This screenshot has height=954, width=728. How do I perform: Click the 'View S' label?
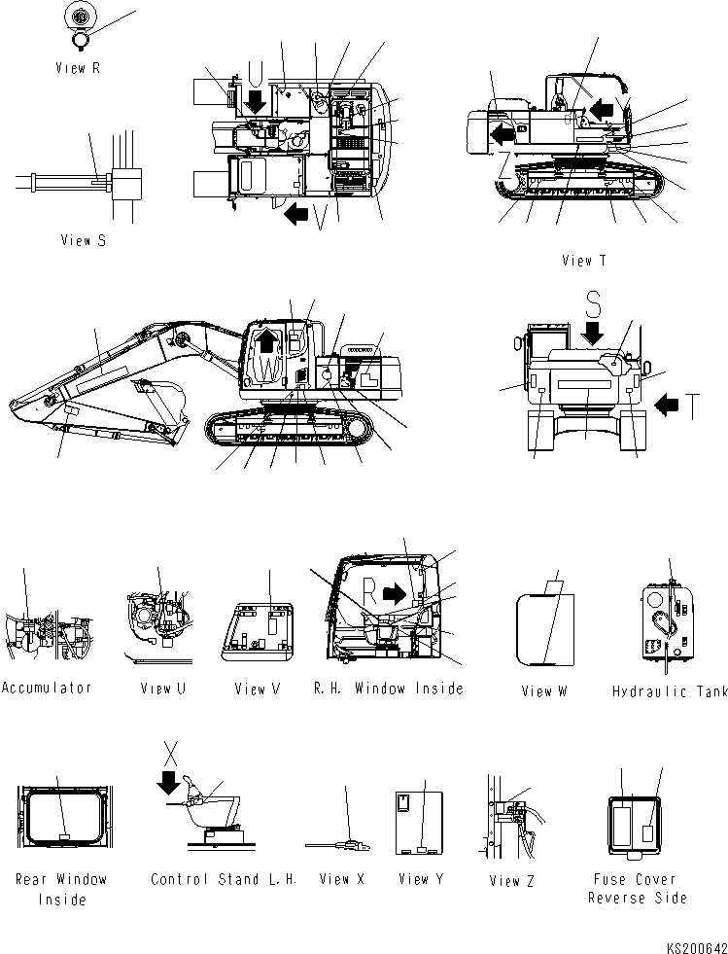[83, 240]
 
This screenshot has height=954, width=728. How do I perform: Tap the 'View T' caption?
[583, 260]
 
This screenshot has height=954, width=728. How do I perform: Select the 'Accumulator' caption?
[47, 688]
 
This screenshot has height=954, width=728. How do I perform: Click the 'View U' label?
[162, 689]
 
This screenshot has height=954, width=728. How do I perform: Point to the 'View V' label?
[257, 689]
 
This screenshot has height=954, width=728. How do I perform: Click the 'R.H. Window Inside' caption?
[388, 689]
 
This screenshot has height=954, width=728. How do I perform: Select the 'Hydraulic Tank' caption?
[670, 691]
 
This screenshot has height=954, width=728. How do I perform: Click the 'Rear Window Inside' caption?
[61, 889]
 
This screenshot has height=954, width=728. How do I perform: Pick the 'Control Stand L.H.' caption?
[223, 879]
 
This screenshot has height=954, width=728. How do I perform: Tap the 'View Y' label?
[420, 879]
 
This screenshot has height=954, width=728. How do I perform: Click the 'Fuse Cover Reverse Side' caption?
[638, 889]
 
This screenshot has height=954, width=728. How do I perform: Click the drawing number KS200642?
[695, 944]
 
